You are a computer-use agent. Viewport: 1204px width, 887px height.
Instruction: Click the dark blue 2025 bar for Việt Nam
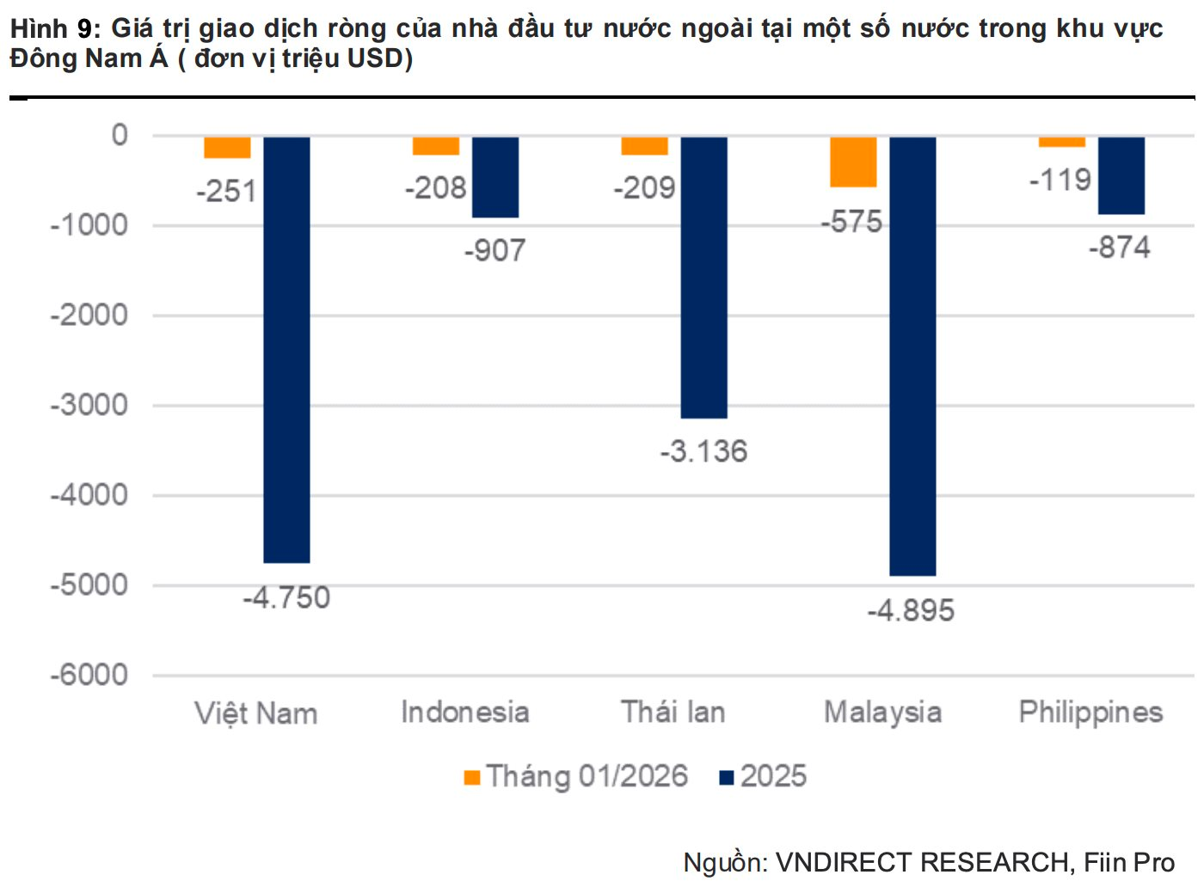click(x=286, y=349)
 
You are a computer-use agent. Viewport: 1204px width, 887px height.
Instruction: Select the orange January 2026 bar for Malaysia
click(x=853, y=162)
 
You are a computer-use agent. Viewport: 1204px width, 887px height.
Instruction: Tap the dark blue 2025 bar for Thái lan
click(x=703, y=277)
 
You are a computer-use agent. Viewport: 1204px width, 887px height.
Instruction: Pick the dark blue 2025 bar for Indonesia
click(x=495, y=177)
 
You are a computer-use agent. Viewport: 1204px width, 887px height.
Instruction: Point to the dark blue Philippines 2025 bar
click(x=1121, y=175)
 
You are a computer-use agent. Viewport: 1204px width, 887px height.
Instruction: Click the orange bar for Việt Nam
click(x=227, y=148)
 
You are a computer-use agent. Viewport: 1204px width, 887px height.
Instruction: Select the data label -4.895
click(x=911, y=611)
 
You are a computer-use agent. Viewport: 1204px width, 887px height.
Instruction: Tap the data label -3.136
click(x=703, y=451)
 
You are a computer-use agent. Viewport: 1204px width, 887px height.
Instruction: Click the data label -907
click(x=494, y=251)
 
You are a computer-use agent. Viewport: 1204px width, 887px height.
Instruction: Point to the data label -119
click(x=1060, y=180)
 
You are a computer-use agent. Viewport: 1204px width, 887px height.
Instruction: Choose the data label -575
click(x=851, y=222)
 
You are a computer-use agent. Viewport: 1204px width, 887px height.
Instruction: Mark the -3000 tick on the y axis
click(x=89, y=405)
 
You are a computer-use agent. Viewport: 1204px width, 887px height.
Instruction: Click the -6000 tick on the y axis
click(x=89, y=675)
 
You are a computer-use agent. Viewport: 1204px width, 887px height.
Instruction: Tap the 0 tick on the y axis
click(x=120, y=135)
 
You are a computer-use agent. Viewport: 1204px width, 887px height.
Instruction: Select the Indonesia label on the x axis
click(x=464, y=713)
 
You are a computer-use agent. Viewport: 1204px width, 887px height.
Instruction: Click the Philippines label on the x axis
click(x=1090, y=713)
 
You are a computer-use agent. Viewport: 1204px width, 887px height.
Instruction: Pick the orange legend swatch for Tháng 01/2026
click(x=471, y=778)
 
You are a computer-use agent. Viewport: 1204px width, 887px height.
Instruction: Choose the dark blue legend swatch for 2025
click(x=727, y=778)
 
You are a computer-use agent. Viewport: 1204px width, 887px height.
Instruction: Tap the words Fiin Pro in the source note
click(x=1128, y=862)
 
